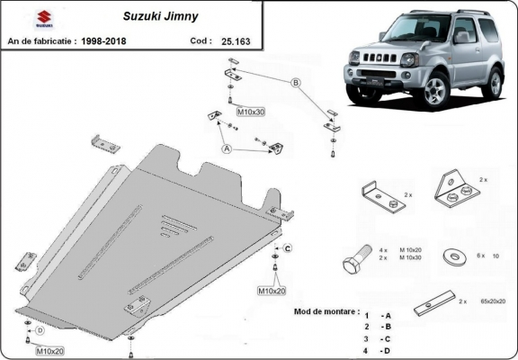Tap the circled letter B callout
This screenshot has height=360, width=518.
coord(293,82)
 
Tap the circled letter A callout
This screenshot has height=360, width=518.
coord(226,148)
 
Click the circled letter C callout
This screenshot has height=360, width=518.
coord(288,248)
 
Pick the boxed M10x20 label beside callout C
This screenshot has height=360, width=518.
coord(272,291)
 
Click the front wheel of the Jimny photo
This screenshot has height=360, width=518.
coord(437,90)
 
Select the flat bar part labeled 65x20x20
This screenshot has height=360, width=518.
coord(433,304)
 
